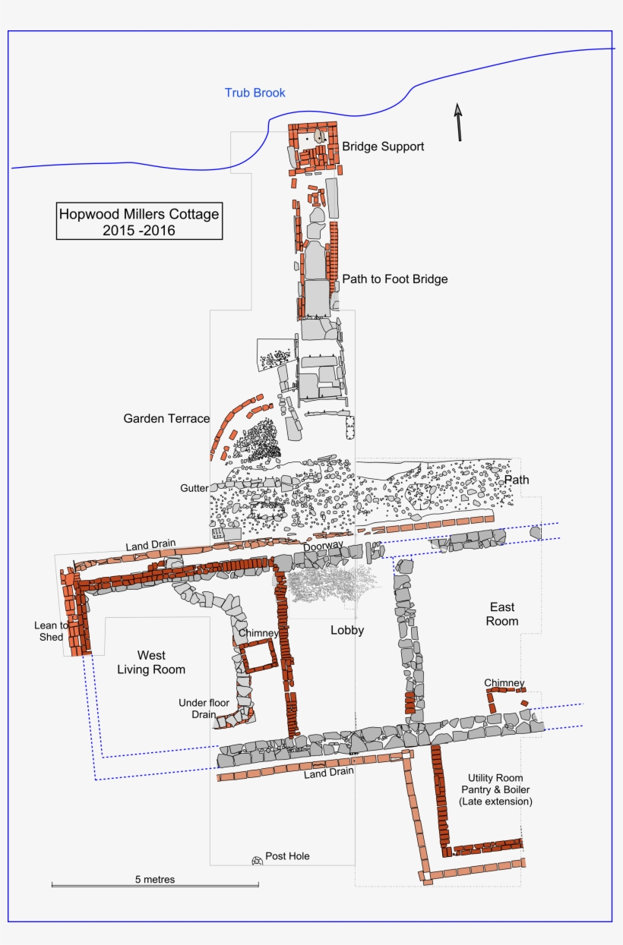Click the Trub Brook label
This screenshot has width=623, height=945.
click(255, 93)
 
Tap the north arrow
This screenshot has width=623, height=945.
click(458, 122)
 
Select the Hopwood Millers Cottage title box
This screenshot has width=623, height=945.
click(139, 221)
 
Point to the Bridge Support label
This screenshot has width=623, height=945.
click(383, 146)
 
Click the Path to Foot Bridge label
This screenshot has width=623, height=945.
click(394, 279)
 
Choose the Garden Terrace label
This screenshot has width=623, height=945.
click(166, 418)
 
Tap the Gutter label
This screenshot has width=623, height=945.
click(194, 488)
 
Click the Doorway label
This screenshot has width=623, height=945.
click(323, 547)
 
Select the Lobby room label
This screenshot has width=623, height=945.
click(347, 630)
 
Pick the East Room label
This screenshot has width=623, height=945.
click(501, 614)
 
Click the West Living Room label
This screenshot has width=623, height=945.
click(151, 663)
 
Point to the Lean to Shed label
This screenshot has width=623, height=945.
click(51, 631)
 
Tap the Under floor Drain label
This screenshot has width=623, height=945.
click(204, 708)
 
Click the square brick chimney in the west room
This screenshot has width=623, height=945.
click(259, 656)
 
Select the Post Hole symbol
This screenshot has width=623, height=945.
click(257, 861)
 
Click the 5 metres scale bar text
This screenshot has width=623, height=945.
click(154, 879)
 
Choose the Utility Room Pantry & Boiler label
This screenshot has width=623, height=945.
click(495, 789)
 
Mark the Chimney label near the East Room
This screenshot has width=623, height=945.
click(504, 682)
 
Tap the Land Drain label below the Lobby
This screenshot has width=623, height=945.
click(329, 773)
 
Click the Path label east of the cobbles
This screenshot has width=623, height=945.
click(517, 480)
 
